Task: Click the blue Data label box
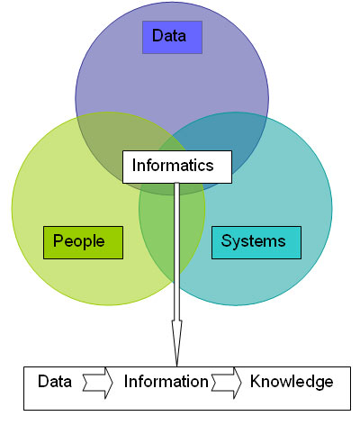click(x=172, y=37)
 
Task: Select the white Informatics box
click(x=177, y=167)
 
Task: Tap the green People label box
click(x=83, y=242)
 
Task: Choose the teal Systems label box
click(x=256, y=242)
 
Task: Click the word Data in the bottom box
click(x=55, y=382)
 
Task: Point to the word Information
click(x=166, y=382)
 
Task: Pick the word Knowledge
click(x=292, y=382)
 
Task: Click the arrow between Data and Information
click(x=97, y=383)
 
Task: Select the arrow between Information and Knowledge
click(x=226, y=383)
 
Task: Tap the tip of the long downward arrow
click(x=177, y=366)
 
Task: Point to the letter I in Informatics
click(x=134, y=165)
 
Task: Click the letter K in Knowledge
click(x=256, y=381)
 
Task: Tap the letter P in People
click(x=58, y=240)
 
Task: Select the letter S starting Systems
click(x=226, y=240)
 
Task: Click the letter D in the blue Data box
click(x=158, y=35)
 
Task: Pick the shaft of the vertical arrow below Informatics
click(x=177, y=251)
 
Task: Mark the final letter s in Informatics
click(x=210, y=167)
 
